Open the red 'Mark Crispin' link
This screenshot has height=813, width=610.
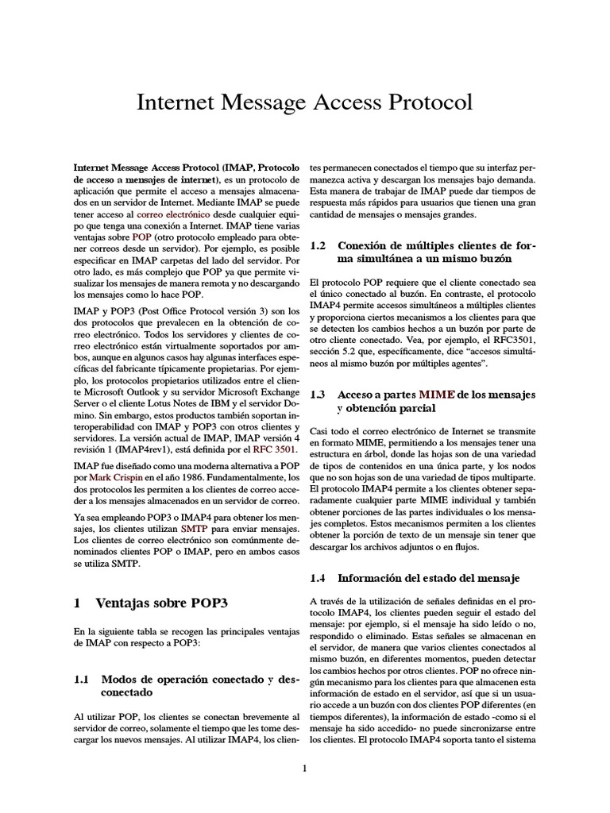[110, 476]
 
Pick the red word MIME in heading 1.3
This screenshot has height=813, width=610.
[436, 394]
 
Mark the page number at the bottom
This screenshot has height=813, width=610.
[304, 768]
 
